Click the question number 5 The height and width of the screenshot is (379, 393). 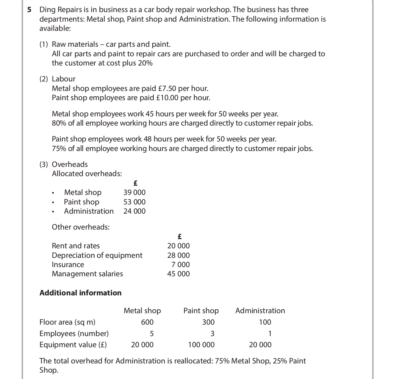pyautogui.click(x=29, y=10)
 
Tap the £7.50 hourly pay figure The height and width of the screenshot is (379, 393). pyautogui.click(x=167, y=88)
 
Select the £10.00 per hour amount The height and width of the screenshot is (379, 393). pyautogui.click(x=167, y=98)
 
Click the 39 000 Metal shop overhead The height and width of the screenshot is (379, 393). pyautogui.click(x=134, y=192)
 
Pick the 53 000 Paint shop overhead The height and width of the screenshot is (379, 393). pyautogui.click(x=134, y=202)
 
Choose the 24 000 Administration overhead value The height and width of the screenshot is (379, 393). pyautogui.click(x=134, y=211)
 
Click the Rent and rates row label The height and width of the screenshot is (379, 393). pyautogui.click(x=76, y=246)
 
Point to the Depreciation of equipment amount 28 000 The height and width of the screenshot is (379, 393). pyautogui.click(x=178, y=255)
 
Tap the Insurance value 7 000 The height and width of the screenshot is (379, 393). pyautogui.click(x=180, y=265)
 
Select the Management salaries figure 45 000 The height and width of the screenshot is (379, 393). pyautogui.click(x=178, y=274)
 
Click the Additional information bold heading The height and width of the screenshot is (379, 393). pyautogui.click(x=80, y=293)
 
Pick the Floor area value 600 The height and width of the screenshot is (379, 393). pyautogui.click(x=147, y=322)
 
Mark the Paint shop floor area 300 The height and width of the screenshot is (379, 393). pyautogui.click(x=208, y=322)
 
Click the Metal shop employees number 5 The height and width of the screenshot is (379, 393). pyautogui.click(x=152, y=334)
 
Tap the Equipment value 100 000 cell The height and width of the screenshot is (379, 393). pyautogui.click(x=201, y=345)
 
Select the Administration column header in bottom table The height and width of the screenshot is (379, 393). pyautogui.click(x=260, y=311)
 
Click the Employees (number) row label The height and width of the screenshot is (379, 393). pyautogui.click(x=74, y=334)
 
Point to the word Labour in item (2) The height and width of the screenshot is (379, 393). pyautogui.click(x=64, y=79)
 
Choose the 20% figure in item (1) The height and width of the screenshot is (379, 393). pyautogui.click(x=145, y=63)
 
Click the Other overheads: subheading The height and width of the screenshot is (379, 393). pyautogui.click(x=81, y=227)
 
